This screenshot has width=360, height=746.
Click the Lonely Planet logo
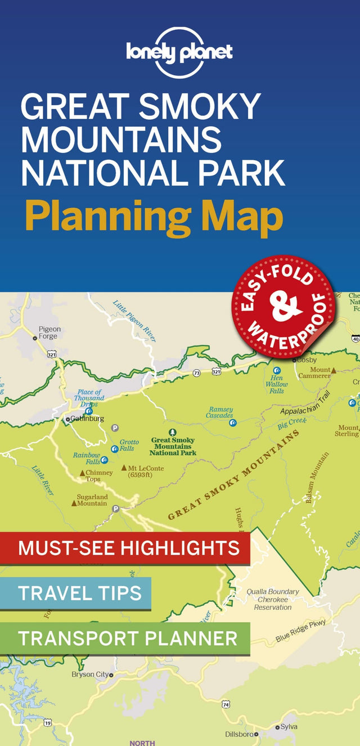coord(179,52)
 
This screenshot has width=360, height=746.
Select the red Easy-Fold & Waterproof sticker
coord(284,307)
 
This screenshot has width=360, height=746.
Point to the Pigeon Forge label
coord(49,332)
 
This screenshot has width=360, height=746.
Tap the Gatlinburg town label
coord(87,419)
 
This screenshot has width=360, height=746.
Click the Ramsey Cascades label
coord(220,412)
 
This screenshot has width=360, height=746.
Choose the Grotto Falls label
coord(128,445)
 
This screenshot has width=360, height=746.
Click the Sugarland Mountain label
coord(92,500)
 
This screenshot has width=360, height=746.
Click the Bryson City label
coord(90,674)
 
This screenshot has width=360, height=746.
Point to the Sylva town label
coord(289,727)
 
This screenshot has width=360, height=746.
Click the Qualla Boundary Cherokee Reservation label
coord(272,599)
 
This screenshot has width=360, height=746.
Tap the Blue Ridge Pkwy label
coord(301,631)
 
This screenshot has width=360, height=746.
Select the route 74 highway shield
coord(226,704)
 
